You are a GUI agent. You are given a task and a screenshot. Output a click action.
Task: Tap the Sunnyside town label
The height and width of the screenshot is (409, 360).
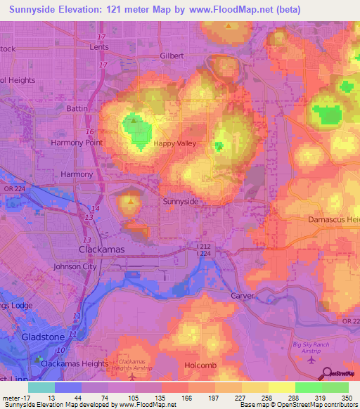[181, 202]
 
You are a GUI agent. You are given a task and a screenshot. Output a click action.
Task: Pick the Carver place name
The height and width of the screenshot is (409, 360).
[243, 296]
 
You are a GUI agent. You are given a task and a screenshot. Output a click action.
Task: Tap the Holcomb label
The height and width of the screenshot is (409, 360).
[189, 365]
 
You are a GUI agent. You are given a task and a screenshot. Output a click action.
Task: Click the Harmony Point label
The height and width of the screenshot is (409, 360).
[77, 143]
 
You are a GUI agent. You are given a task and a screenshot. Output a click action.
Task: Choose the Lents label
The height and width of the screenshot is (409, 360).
[100, 47]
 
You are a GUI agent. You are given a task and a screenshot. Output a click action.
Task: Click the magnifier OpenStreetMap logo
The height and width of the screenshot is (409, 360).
[326, 372]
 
